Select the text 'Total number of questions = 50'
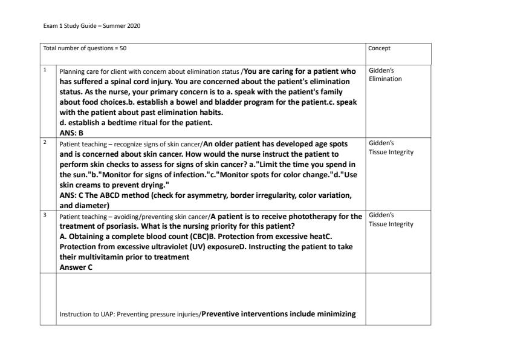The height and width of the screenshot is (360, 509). [85, 48]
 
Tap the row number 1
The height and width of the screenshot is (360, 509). [45, 69]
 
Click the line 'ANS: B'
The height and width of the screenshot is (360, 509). [71, 133]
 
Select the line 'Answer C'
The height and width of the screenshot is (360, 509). [76, 267]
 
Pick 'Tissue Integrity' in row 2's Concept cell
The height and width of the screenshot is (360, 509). [391, 152]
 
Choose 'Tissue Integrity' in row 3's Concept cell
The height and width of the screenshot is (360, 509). [391, 224]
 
